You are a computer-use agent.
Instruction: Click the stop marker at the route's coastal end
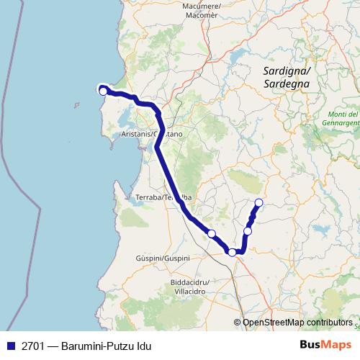point(103,91)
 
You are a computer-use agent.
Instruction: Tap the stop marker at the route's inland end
point(259,202)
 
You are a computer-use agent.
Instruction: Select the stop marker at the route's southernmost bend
point(232,252)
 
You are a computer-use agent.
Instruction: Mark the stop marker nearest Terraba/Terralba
point(211,233)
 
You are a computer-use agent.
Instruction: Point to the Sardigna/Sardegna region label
point(287,77)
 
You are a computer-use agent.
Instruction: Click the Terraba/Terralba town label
point(163,197)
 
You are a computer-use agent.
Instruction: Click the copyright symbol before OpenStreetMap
point(238,323)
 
